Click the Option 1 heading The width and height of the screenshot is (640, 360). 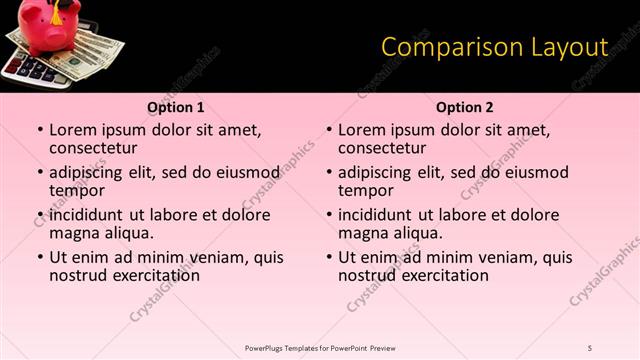pyautogui.click(x=176, y=107)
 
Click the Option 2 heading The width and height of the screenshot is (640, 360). pyautogui.click(x=465, y=107)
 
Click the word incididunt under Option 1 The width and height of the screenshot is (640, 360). pyautogui.click(x=86, y=215)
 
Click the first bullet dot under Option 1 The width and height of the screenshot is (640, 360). pyautogui.click(x=40, y=130)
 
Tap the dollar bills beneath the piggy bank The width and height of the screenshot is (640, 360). pyautogui.click(x=95, y=55)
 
